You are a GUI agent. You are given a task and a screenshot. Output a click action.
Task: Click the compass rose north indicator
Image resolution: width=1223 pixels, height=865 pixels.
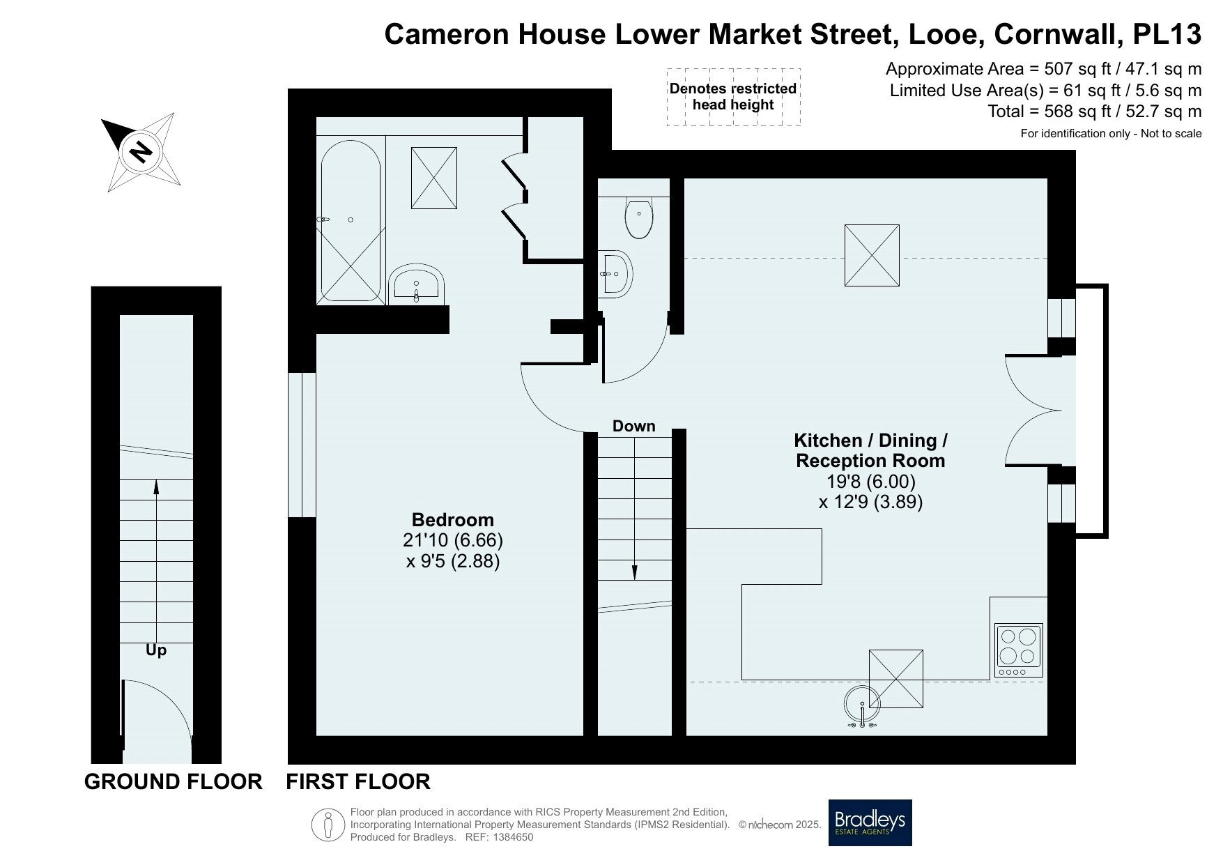[143, 151]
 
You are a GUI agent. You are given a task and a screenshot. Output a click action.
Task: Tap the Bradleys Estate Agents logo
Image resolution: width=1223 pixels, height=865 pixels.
[870, 822]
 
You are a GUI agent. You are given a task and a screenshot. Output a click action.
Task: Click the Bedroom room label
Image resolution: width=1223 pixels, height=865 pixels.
[453, 520]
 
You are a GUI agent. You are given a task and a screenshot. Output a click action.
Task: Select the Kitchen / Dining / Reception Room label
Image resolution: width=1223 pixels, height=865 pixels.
[870, 450]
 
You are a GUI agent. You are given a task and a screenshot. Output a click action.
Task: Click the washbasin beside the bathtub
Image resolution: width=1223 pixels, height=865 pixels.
[416, 284]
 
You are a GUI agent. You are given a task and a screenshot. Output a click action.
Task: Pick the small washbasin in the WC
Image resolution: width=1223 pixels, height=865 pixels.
[615, 273]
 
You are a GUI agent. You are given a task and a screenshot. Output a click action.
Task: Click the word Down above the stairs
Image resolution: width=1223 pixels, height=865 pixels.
[634, 426]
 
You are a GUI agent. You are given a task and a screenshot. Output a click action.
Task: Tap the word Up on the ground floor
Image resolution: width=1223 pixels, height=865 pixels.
[156, 650]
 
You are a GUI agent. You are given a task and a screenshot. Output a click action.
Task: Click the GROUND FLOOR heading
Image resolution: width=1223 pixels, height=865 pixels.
[174, 781]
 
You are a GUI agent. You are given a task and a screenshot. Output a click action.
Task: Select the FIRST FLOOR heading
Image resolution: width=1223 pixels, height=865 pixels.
[358, 781]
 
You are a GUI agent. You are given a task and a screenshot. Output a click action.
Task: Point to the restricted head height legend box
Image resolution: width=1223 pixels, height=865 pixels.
[733, 97]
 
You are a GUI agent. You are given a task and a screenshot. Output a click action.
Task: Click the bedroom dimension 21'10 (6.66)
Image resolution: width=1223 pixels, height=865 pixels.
[453, 540]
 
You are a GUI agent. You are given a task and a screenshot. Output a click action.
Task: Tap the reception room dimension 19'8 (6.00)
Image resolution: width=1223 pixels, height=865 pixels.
[870, 481]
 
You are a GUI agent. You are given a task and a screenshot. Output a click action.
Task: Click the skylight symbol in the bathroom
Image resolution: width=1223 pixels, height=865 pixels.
[434, 178]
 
